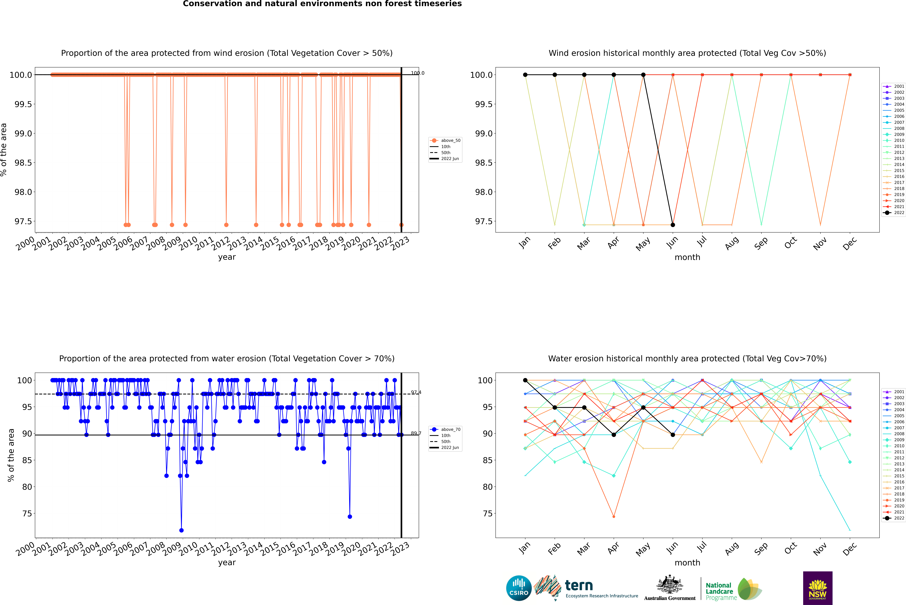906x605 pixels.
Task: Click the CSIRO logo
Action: point(519,588)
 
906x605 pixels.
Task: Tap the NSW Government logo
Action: point(818,588)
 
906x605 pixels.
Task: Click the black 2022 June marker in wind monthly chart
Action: point(673,225)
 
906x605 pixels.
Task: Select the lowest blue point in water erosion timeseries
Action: point(182,530)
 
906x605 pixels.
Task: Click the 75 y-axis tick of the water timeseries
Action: point(27,514)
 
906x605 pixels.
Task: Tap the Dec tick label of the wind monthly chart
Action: point(850,244)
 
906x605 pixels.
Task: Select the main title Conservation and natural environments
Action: point(322,4)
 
